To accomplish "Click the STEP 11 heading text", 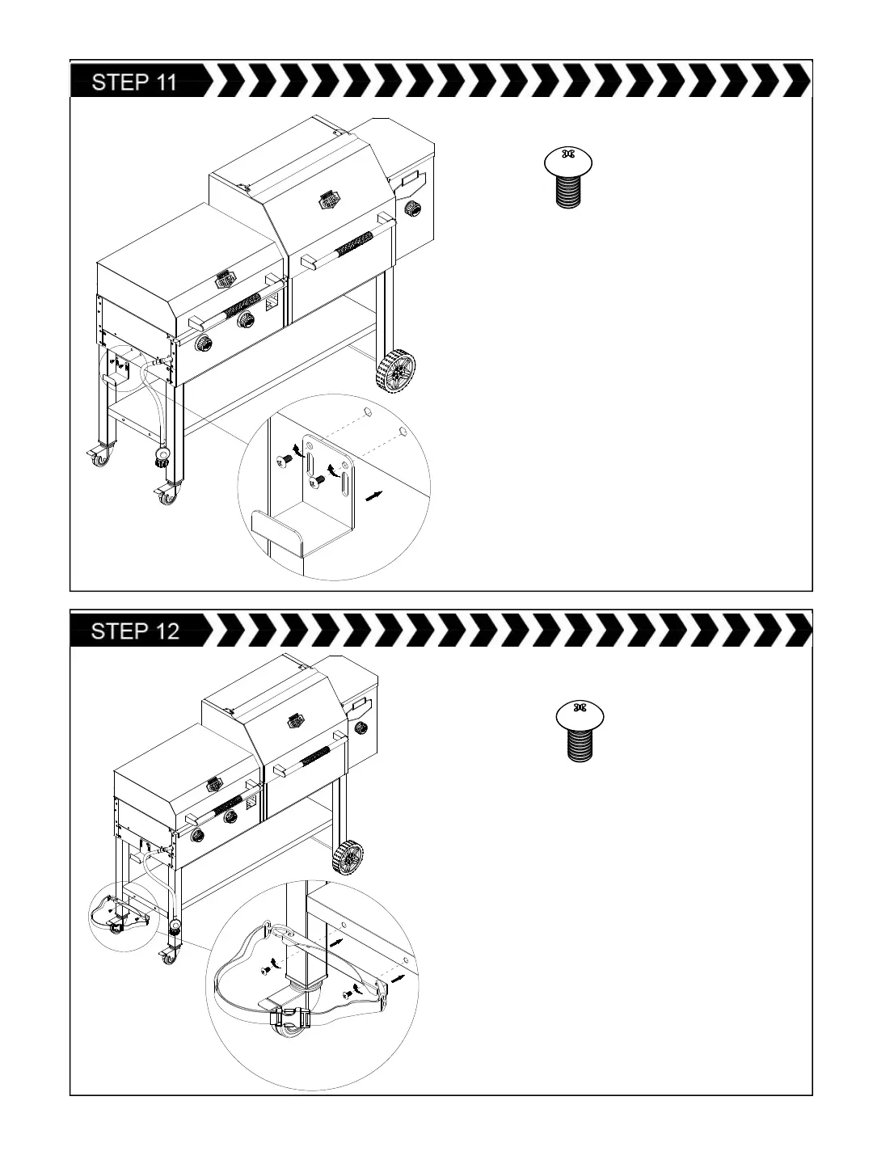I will pos(134,82).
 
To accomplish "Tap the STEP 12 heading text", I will pos(135,631).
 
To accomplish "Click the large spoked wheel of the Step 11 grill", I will pos(396,372).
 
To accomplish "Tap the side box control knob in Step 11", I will pos(414,209).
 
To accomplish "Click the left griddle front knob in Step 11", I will pos(205,344).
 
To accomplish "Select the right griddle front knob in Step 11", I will pos(246,320).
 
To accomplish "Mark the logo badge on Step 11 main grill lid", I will pos(330,199).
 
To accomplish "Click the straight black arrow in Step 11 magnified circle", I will pos(373,496).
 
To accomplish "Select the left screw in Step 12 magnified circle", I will pos(266,969).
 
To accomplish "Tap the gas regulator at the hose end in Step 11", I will pos(162,459).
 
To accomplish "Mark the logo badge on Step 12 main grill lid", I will pos(293,718).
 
